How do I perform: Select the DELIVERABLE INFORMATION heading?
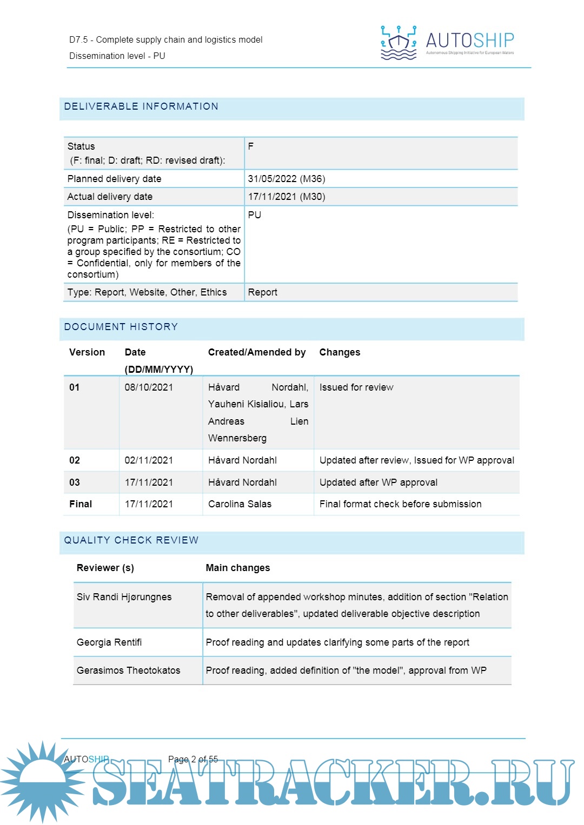coord(141,106)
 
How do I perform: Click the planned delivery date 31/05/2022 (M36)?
coord(287,179)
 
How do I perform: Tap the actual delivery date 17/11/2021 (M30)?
coord(287,197)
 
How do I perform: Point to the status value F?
coord(251,146)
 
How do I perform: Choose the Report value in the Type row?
coord(263,292)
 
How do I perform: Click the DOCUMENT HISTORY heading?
coord(121,327)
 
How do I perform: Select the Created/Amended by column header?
coord(257,352)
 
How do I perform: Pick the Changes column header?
coord(340,352)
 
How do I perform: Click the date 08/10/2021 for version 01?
coord(149,387)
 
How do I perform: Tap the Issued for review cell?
coord(356,387)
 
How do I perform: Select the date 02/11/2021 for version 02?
coord(149,460)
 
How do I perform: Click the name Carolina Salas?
coord(240,504)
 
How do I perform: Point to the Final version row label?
coord(81,504)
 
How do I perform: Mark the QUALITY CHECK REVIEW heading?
coord(131,540)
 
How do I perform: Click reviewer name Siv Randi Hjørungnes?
coord(124,597)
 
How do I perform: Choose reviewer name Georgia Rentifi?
coord(109,642)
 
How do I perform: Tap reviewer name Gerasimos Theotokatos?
coord(128,670)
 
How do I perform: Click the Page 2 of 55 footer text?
coord(193,759)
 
